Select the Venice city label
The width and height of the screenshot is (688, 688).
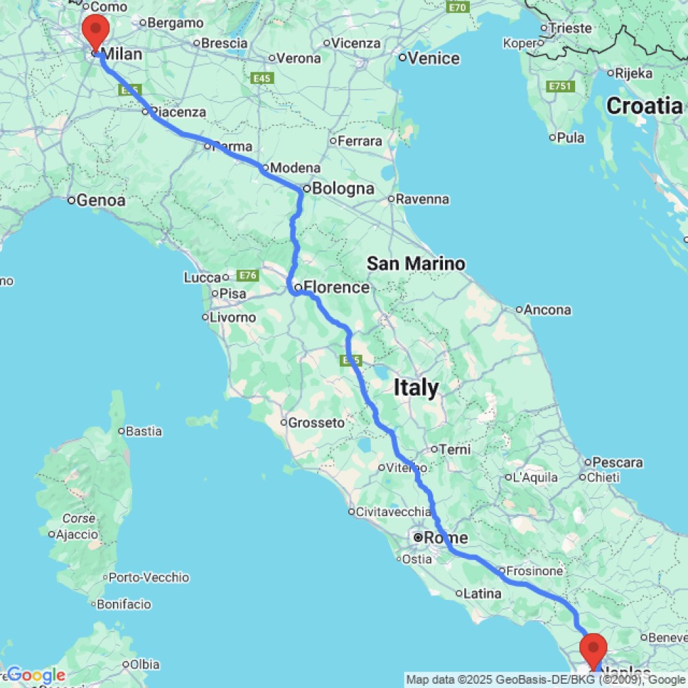pyautogui.click(x=433, y=58)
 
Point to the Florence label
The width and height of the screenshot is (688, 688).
pyautogui.click(x=336, y=287)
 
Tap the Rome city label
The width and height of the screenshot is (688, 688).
pyautogui.click(x=446, y=537)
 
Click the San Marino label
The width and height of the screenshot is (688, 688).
pyautogui.click(x=416, y=263)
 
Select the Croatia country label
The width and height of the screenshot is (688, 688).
pyautogui.click(x=645, y=106)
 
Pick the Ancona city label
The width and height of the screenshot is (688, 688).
pyautogui.click(x=548, y=310)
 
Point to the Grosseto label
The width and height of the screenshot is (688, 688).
pyautogui.click(x=316, y=422)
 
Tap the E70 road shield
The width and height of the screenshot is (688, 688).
pyautogui.click(x=457, y=8)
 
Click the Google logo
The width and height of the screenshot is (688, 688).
pyautogui.click(x=36, y=675)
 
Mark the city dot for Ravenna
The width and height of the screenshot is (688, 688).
pyautogui.click(x=391, y=200)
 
